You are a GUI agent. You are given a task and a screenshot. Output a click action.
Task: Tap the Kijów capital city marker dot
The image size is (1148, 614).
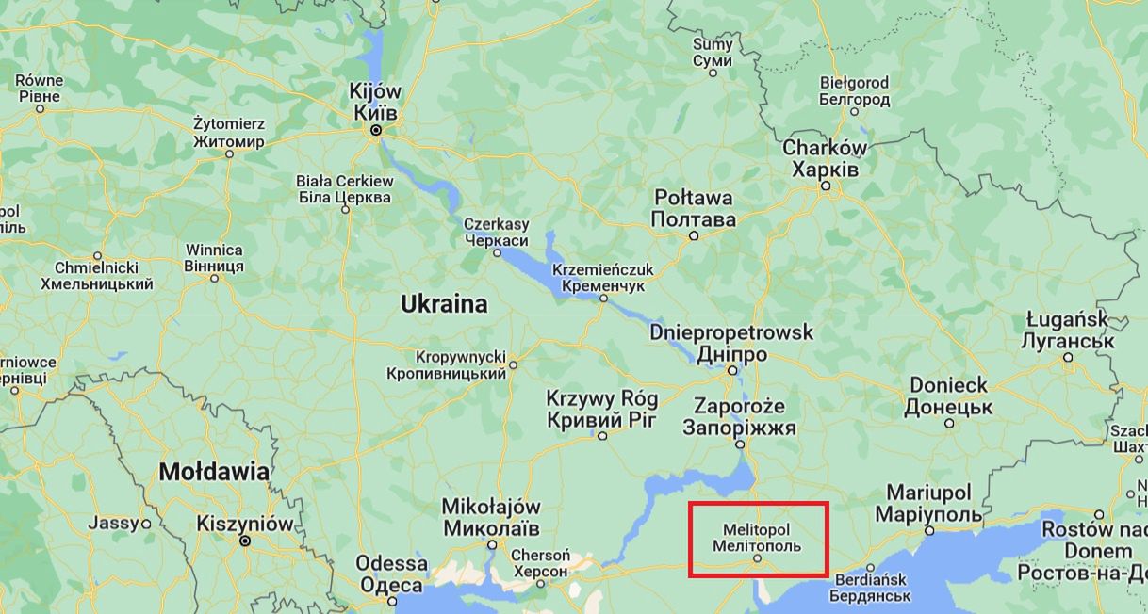tap(376, 131)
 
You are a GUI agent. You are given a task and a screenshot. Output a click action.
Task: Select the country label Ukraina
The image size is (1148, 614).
tap(444, 304)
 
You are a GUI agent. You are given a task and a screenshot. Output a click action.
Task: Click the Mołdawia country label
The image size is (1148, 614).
tap(213, 472)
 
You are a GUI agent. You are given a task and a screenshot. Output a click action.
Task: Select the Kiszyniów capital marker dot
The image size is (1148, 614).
tap(245, 541)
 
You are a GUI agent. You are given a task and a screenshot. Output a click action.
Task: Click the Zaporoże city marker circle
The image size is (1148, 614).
tap(740, 444)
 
